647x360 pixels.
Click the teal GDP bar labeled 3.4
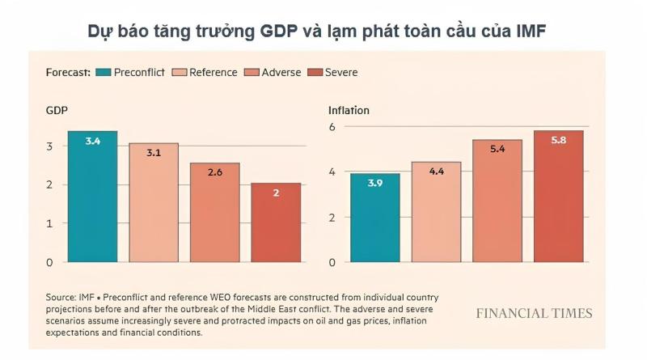pyautogui.click(x=92, y=197)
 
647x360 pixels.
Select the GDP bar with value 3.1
pyautogui.click(x=154, y=203)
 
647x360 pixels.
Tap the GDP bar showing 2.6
pyautogui.click(x=214, y=213)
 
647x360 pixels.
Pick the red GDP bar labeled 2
pyautogui.click(x=276, y=222)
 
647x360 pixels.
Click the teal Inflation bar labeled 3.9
pyautogui.click(x=375, y=218)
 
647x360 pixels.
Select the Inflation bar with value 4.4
pyautogui.click(x=436, y=212)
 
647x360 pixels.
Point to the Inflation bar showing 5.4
pyautogui.click(x=497, y=201)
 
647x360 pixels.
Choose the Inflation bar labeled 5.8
pyautogui.click(x=559, y=197)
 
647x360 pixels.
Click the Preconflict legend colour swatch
pyautogui.click(x=104, y=72)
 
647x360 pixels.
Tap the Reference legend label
pyautogui.click(x=214, y=72)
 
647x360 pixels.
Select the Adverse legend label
pyautogui.click(x=281, y=72)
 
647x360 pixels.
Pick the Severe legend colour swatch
pyautogui.click(x=315, y=72)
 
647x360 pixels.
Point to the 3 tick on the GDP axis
pyautogui.click(x=49, y=146)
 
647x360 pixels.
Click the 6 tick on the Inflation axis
pyautogui.click(x=332, y=127)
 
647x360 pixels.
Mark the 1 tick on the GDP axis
pyautogui.click(x=49, y=223)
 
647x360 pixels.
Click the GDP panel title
pyautogui.click(x=57, y=110)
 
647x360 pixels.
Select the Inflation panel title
pyautogui.click(x=349, y=110)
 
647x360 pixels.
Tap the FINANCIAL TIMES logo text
pyautogui.click(x=535, y=313)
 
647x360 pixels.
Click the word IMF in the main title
pyautogui.click(x=531, y=32)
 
